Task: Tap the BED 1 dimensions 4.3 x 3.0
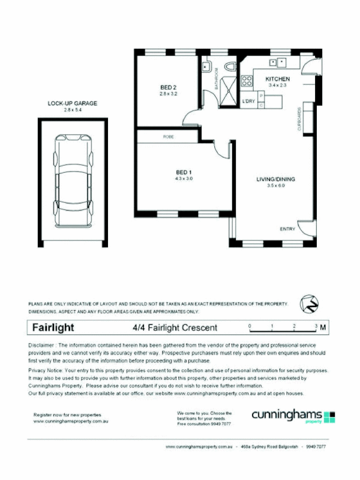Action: [184, 178]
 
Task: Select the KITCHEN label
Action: [278, 79]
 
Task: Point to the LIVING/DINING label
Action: [276, 179]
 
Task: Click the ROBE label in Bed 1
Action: [168, 137]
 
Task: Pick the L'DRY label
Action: [248, 101]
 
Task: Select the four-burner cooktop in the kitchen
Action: [247, 80]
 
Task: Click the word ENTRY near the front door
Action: [287, 229]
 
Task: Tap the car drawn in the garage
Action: [74, 181]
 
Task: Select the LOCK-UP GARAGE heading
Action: [72, 103]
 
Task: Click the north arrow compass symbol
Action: [308, 302]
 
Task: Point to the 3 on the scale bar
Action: [316, 326]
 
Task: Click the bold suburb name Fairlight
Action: [52, 328]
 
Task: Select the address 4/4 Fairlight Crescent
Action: [175, 328]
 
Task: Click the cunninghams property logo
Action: [294, 416]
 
